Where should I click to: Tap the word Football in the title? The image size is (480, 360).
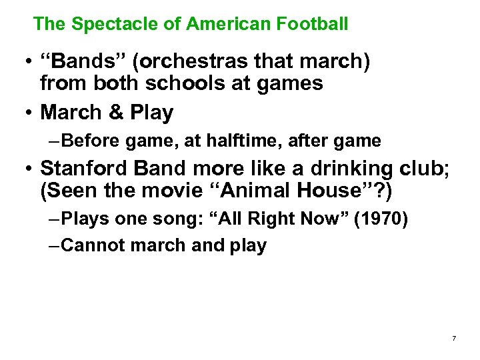[x=311, y=25]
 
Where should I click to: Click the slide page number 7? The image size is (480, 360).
[x=454, y=339]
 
